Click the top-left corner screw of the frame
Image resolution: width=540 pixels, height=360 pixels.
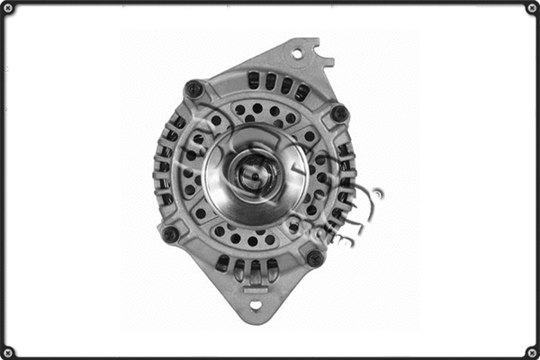8,8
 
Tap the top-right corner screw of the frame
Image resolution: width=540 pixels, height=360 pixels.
531,8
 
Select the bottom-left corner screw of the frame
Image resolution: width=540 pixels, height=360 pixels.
8,351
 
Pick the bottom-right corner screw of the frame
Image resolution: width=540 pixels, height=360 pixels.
531,351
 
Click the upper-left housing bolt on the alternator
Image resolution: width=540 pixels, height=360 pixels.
193,89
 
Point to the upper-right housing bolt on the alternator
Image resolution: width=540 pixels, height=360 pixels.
339,113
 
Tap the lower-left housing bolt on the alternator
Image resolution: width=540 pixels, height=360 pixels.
169,234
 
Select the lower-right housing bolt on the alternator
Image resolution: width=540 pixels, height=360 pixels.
314,258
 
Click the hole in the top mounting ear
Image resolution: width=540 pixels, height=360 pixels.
297,54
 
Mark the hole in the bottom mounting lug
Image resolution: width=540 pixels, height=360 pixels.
255,305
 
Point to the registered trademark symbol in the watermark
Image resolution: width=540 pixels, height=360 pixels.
377,193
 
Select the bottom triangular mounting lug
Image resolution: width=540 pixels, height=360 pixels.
254,297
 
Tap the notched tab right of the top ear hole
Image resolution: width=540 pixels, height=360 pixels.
322,61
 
